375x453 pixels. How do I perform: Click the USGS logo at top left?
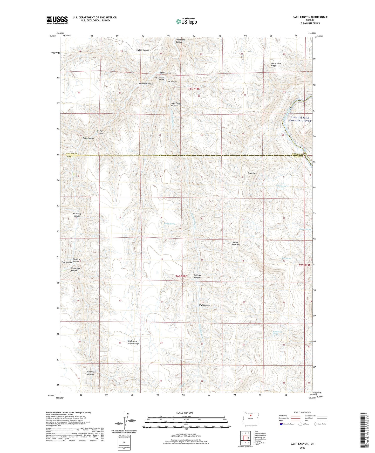57,20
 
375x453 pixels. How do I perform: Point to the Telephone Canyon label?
181,41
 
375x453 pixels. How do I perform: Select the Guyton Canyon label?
142,50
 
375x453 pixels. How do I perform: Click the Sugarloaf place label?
252,173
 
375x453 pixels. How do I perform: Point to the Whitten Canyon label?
197,276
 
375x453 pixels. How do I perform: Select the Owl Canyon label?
204,305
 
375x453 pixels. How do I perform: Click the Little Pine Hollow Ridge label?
133,342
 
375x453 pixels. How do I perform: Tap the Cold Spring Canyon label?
91,373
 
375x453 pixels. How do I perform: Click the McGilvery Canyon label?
77,215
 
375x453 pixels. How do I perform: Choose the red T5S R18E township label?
194,89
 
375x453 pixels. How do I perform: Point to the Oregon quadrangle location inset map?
251,418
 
